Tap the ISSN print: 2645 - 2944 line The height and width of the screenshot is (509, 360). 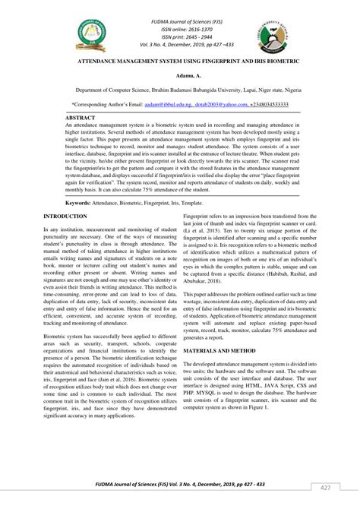[180, 28]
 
